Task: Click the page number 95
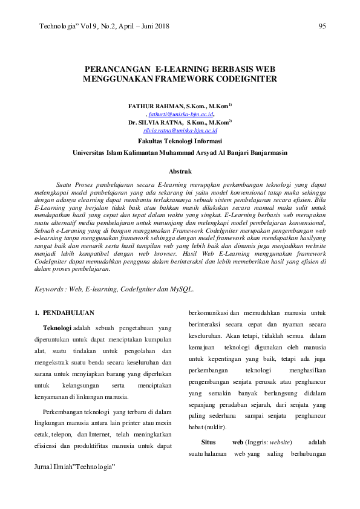(x=322, y=26)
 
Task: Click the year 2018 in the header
(x=160, y=26)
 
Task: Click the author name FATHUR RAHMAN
(x=156, y=105)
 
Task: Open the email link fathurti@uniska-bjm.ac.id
(x=181, y=113)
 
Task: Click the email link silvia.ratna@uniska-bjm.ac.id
(x=180, y=130)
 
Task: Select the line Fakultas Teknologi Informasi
(x=180, y=140)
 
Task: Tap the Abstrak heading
(x=180, y=172)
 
